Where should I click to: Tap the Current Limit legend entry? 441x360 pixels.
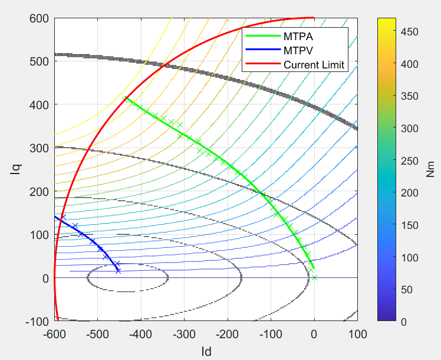click(x=313, y=64)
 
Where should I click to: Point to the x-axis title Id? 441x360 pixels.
click(x=206, y=351)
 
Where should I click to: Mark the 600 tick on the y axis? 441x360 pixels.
click(x=40, y=18)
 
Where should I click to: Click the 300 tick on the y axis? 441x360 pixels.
click(x=40, y=148)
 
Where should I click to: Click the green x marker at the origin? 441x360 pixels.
click(x=314, y=277)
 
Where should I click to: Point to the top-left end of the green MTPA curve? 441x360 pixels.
click(x=125, y=97)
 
